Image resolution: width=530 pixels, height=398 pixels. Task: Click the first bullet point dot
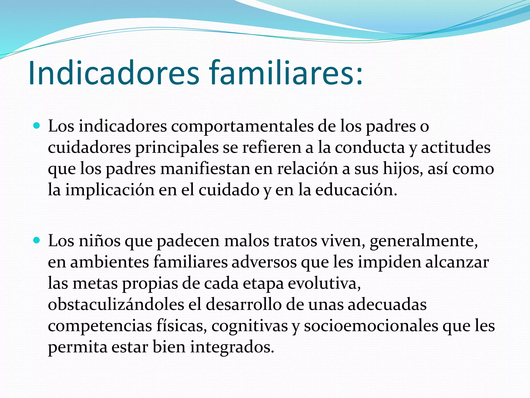coord(37,126)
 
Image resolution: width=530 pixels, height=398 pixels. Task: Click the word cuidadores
coord(89,148)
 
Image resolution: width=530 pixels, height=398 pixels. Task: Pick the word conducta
coord(370,148)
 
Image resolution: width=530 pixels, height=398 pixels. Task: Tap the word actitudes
coord(455,148)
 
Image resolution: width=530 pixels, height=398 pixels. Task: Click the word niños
coord(100,241)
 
